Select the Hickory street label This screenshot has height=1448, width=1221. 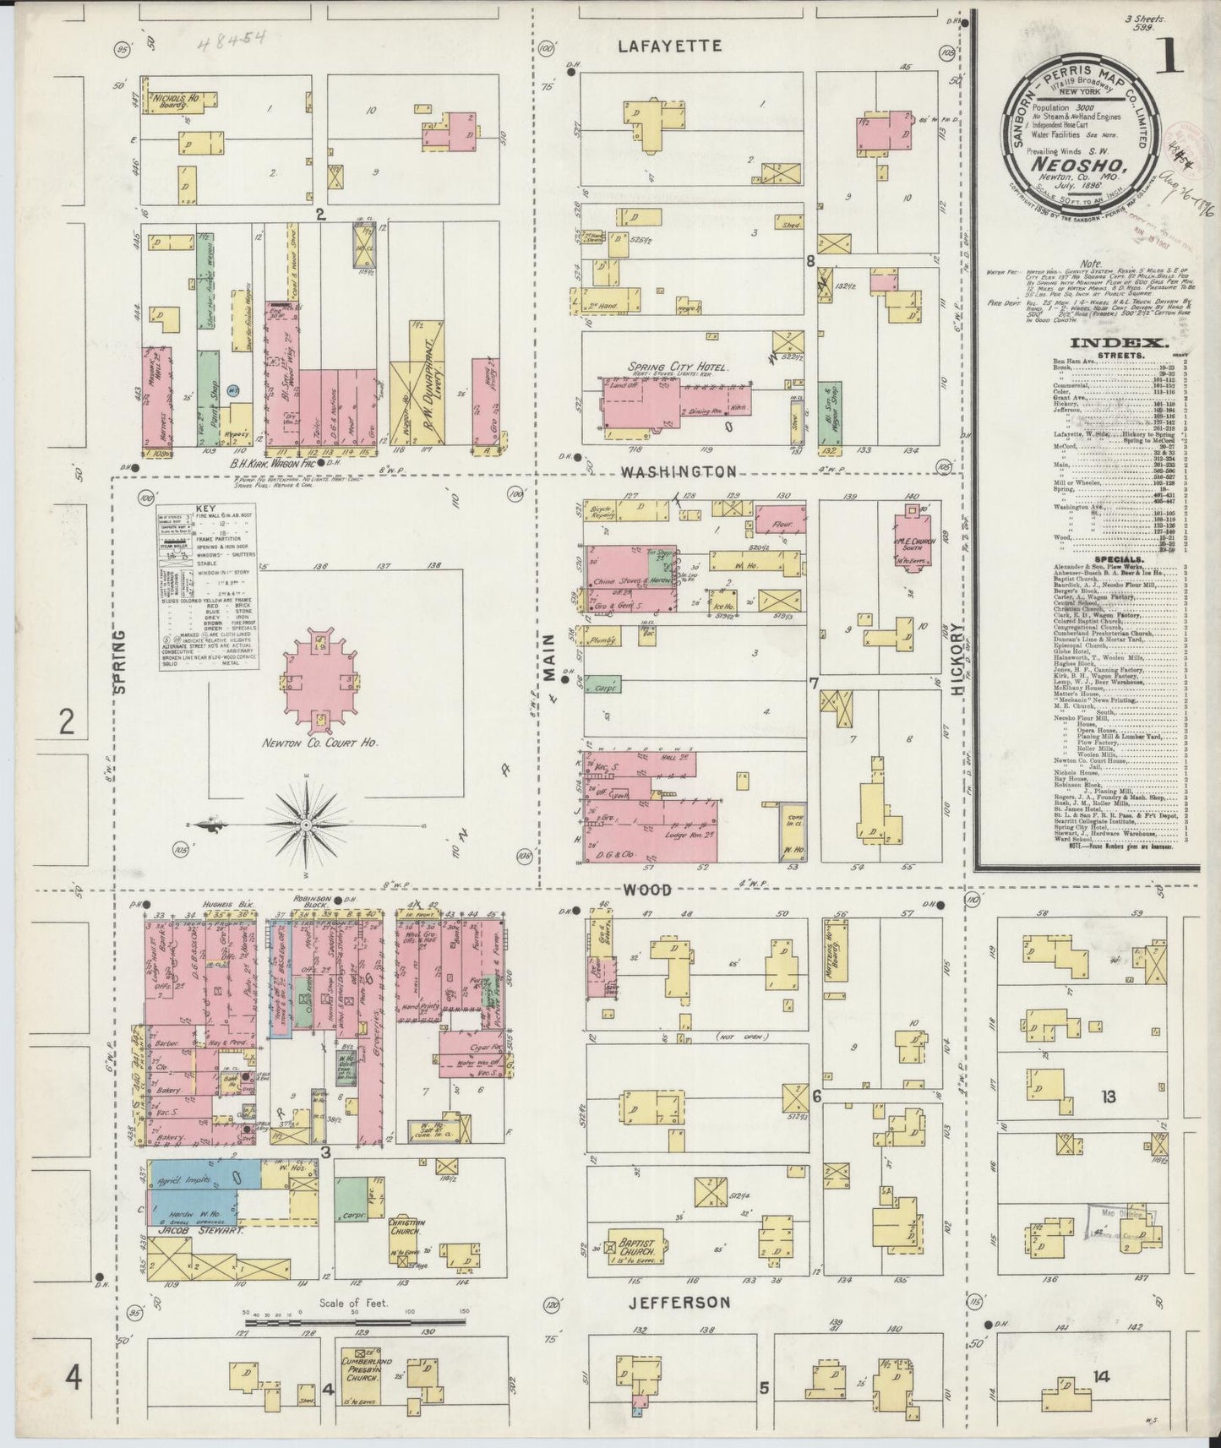point(957,659)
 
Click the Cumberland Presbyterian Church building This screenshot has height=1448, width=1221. point(364,1383)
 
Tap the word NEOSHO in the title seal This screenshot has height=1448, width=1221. point(1074,166)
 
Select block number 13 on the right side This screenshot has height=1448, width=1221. point(1109,1097)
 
